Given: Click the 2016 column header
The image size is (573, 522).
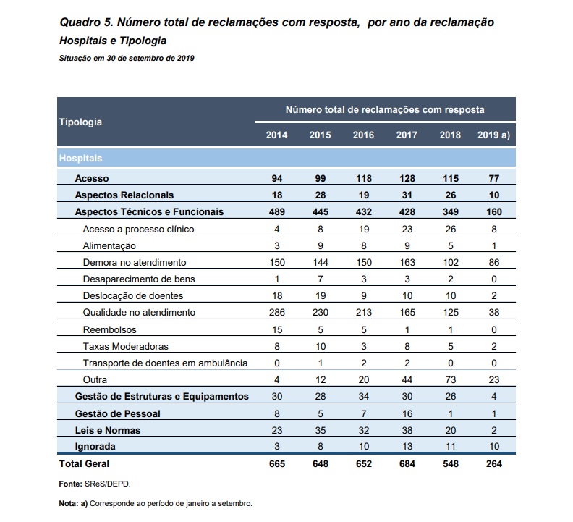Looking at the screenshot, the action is pyautogui.click(x=363, y=135).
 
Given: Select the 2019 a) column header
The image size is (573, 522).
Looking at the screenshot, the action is pyautogui.click(x=493, y=135).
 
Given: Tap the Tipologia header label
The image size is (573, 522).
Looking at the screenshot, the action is pyautogui.click(x=80, y=122).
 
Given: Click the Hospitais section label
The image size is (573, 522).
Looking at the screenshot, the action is pyautogui.click(x=80, y=159).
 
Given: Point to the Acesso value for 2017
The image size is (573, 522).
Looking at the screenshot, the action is pyautogui.click(x=407, y=179).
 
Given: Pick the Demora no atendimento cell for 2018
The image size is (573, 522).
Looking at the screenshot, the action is pyautogui.click(x=451, y=263).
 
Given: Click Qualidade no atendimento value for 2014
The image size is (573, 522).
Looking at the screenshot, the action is pyautogui.click(x=276, y=312).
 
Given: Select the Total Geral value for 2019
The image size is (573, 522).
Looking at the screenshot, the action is pyautogui.click(x=494, y=464).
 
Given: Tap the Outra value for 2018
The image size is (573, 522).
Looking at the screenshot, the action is pyautogui.click(x=451, y=379).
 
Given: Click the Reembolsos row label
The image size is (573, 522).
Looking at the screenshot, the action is pyautogui.click(x=110, y=330).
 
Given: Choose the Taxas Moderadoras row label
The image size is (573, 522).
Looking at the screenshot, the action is pyautogui.click(x=126, y=346).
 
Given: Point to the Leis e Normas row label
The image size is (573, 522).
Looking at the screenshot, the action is pyautogui.click(x=107, y=430).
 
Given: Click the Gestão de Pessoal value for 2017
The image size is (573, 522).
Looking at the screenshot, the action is pyautogui.click(x=407, y=413).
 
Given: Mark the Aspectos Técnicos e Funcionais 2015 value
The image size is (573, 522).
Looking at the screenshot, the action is pyautogui.click(x=320, y=212).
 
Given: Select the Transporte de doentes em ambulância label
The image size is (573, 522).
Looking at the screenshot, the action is pyautogui.click(x=165, y=363).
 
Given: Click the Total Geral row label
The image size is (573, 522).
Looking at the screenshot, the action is pyautogui.click(x=84, y=464).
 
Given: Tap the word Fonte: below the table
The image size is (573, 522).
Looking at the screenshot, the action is pyautogui.click(x=70, y=484).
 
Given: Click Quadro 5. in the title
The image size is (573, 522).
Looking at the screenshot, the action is pyautogui.click(x=86, y=22).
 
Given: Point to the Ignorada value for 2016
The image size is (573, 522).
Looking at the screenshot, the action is pyautogui.click(x=364, y=447).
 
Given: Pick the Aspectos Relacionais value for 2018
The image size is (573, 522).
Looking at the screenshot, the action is pyautogui.click(x=451, y=195).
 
